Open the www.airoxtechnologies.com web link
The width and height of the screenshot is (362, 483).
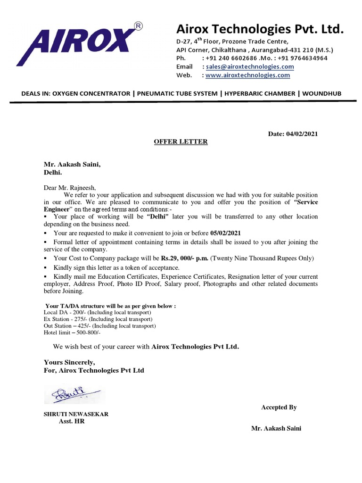pos(247,75)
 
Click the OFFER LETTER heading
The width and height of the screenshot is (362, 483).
pos(181,142)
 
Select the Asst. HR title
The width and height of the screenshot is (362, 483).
pos(71,421)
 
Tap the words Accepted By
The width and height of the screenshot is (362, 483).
pos(279,407)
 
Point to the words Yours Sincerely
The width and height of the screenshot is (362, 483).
pos(69,362)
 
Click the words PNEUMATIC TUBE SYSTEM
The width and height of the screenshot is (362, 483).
pos(177,94)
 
